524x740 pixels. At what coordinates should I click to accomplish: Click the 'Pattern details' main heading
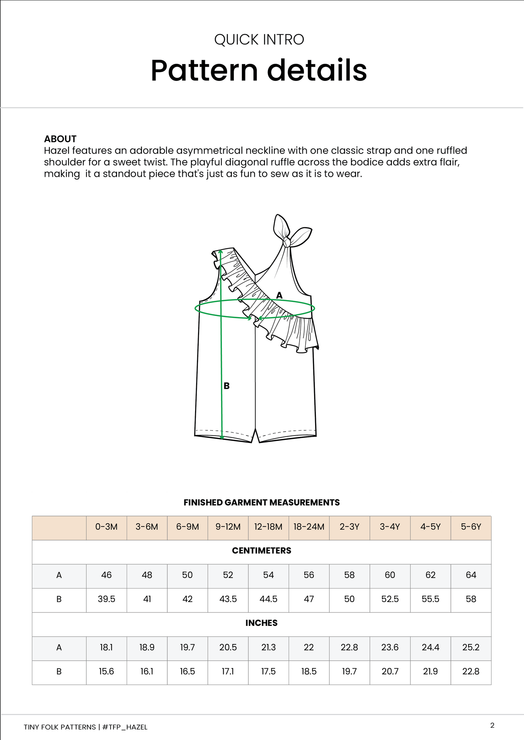point(259,70)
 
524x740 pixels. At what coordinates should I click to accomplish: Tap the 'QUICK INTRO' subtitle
point(259,40)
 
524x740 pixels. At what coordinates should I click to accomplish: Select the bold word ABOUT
point(60,139)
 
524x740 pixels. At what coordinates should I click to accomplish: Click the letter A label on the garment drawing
point(279,295)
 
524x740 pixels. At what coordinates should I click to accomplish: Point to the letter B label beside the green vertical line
point(227,386)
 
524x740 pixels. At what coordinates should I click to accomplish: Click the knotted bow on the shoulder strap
point(287,241)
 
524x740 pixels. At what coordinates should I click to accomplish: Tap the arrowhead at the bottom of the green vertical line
point(222,437)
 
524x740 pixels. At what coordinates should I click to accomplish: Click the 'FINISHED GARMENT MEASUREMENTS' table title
point(261,502)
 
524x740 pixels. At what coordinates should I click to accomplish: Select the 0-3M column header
point(106,527)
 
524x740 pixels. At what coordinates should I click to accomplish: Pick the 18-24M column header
point(309,527)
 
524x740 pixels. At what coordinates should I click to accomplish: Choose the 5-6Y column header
point(471,527)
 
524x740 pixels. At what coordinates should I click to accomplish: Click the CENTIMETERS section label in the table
point(261,550)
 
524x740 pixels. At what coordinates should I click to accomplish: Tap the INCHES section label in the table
point(261,623)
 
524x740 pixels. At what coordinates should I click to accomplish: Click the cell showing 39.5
point(106,599)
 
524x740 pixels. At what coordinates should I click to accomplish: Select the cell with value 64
point(471,575)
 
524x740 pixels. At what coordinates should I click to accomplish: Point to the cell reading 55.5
point(430,599)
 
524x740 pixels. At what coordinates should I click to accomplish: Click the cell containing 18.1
point(106,647)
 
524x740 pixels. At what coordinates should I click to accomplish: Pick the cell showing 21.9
point(430,672)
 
